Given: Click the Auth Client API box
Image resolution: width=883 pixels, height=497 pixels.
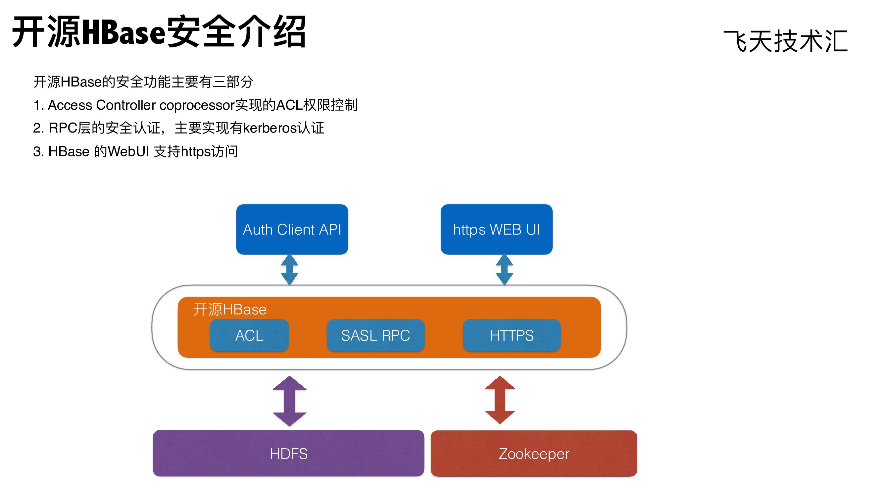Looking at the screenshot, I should tap(292, 229).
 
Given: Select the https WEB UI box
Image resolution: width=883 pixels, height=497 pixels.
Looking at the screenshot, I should tap(496, 229).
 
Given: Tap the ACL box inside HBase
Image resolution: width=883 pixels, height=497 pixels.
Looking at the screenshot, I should tap(249, 335).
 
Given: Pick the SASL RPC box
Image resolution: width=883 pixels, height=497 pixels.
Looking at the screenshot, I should tap(375, 335).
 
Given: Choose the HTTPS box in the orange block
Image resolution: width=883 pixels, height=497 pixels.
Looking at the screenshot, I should tap(512, 335).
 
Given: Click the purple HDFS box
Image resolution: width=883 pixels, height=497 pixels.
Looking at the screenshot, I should tap(288, 454).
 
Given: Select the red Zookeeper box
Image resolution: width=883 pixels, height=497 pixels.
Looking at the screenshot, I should tap(534, 454).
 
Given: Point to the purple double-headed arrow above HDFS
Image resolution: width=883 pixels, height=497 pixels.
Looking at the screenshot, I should tap(289, 401).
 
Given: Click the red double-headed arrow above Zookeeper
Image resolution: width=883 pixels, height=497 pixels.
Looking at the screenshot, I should tap(500, 400).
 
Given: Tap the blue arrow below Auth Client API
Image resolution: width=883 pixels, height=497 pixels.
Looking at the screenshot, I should tap(289, 269).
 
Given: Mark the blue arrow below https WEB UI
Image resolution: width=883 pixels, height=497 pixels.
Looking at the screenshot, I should tap(505, 269).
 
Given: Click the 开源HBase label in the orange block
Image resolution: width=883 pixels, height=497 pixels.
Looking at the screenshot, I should tap(230, 309).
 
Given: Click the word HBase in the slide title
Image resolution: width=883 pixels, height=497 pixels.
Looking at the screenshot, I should tap(124, 32).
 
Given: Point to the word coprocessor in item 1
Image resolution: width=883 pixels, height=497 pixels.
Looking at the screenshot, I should tap(197, 105).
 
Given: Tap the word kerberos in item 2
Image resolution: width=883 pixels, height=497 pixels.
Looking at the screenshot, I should tap(270, 128).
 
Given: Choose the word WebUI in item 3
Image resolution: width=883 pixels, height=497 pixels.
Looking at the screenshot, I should tap(128, 151).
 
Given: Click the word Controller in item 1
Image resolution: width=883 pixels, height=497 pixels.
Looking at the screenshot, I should tap(126, 105).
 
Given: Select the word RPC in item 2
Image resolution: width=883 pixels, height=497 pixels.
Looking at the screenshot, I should tap(63, 128).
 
